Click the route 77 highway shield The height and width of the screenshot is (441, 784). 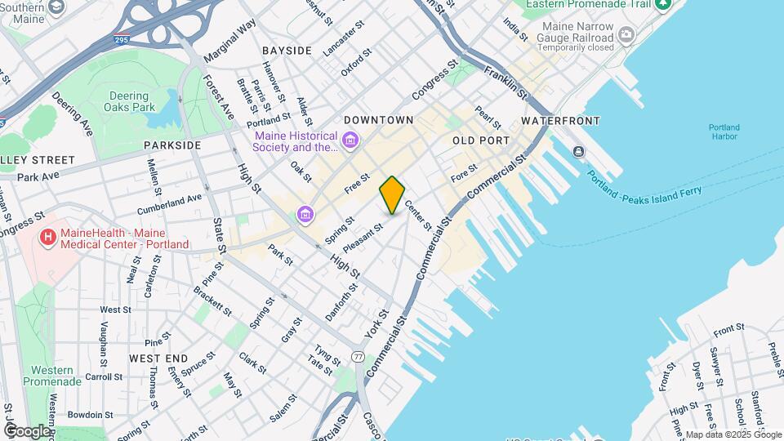(x=359, y=356)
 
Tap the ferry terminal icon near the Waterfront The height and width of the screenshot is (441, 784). (x=579, y=150)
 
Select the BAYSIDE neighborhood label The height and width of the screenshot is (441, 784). (x=287, y=51)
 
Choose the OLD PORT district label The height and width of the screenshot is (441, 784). (x=481, y=140)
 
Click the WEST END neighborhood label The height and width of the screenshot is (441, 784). (x=158, y=358)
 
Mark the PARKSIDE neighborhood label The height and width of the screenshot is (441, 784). (x=171, y=145)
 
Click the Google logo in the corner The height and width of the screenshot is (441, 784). (x=26, y=430)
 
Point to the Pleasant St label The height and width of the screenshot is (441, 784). (x=363, y=238)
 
